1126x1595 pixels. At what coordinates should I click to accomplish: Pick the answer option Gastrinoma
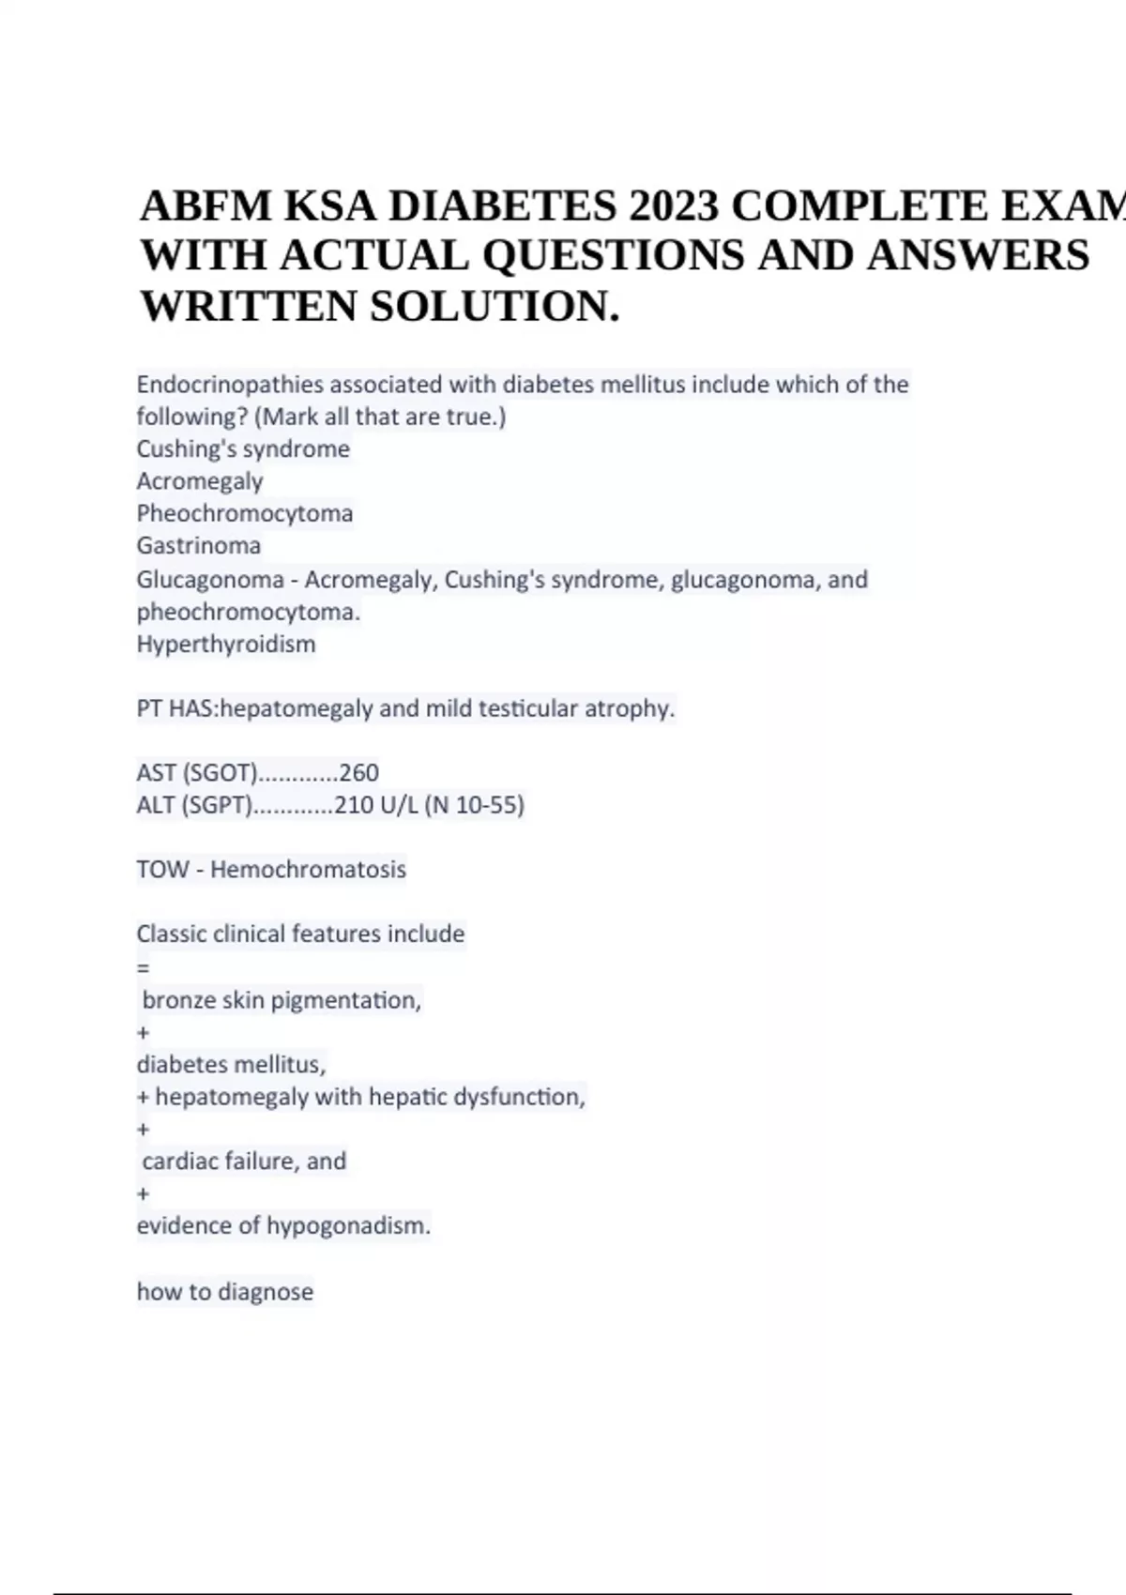[199, 545]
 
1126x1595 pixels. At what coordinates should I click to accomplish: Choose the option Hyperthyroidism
[226, 644]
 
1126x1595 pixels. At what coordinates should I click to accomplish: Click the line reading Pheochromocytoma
[245, 513]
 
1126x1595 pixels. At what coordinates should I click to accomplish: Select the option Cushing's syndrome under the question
[243, 448]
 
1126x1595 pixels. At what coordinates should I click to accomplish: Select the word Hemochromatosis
[308, 869]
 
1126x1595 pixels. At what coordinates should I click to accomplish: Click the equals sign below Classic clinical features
[143, 967]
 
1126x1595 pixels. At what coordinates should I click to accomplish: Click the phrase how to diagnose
[225, 1292]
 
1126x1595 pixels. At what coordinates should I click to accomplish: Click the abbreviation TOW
[162, 869]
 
